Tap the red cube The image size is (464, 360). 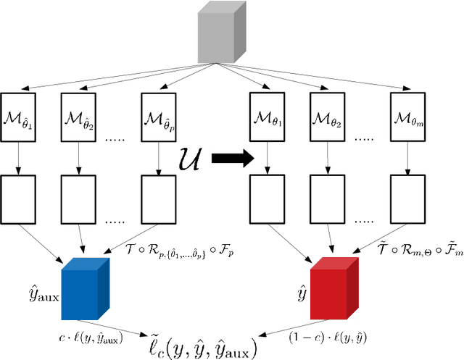point(334,290)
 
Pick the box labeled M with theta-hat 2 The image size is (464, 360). point(80,115)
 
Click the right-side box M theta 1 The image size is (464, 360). point(266,115)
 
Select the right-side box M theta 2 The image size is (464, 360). point(328,115)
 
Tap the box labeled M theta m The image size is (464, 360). point(407,115)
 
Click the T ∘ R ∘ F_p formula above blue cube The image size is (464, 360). point(179,249)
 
